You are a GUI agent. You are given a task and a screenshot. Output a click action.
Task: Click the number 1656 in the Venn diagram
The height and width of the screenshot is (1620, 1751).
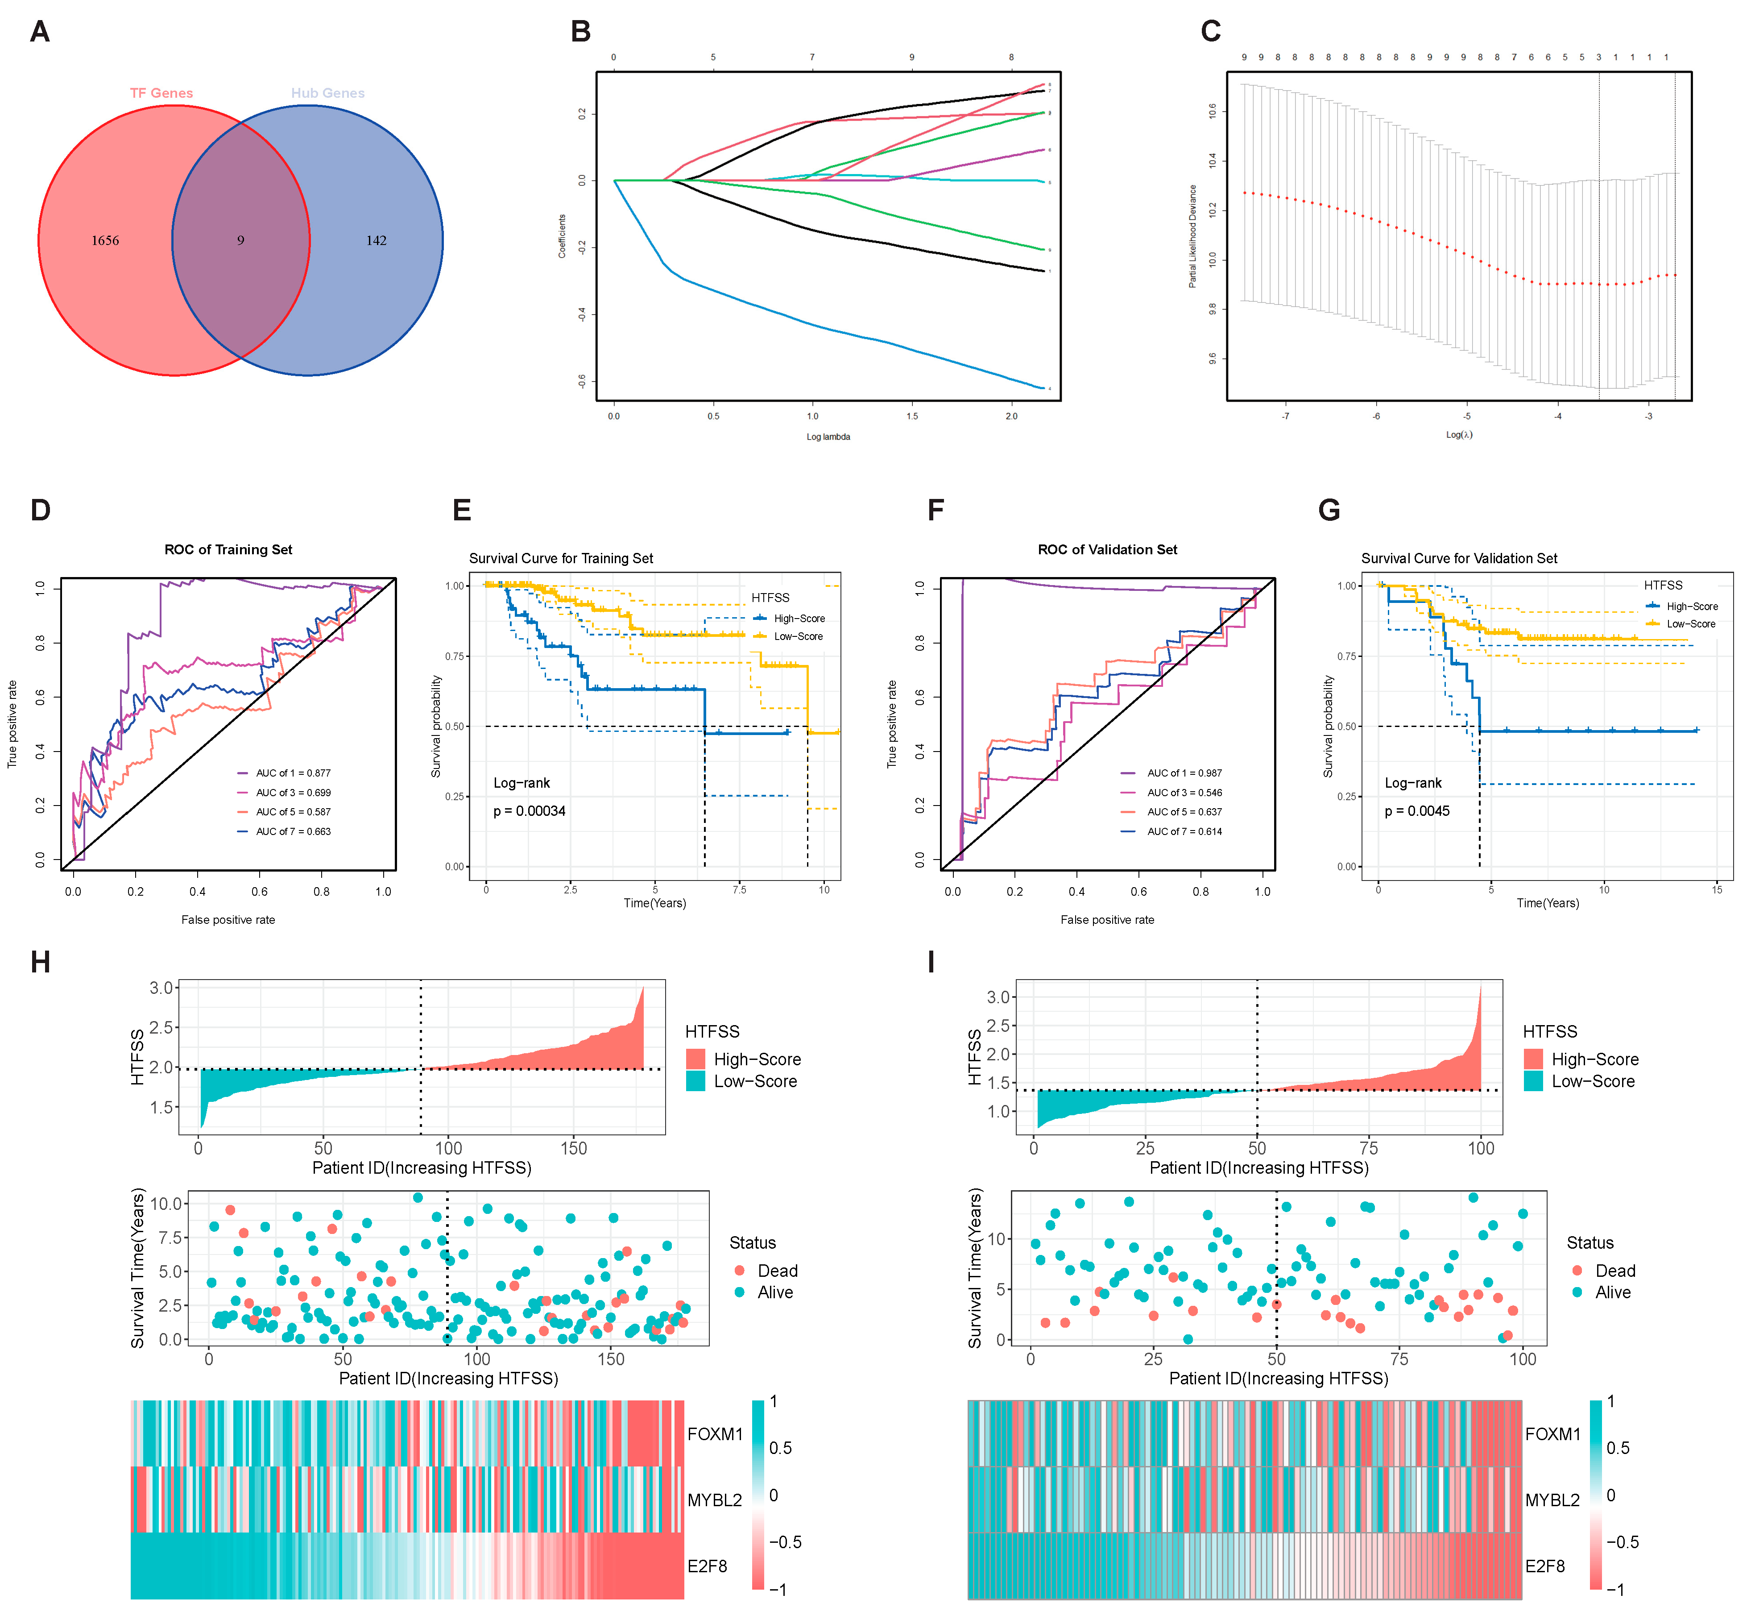pos(105,240)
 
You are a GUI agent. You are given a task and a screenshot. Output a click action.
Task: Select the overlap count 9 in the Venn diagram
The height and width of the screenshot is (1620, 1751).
pos(240,240)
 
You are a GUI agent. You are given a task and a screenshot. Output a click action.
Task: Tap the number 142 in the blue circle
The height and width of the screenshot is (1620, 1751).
pos(376,240)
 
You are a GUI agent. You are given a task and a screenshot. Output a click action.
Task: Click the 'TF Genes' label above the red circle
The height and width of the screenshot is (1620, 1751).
pos(161,93)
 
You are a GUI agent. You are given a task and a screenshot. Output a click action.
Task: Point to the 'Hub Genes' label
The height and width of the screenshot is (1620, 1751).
pos(328,93)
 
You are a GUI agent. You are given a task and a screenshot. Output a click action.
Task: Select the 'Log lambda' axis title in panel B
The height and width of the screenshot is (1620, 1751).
pos(828,436)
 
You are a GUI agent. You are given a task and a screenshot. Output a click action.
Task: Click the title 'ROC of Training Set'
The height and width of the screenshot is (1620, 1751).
pos(228,550)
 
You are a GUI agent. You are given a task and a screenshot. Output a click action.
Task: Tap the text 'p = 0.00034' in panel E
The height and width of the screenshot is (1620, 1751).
pos(530,811)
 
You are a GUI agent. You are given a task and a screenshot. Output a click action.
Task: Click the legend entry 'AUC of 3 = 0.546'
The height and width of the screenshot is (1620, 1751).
pos(1184,793)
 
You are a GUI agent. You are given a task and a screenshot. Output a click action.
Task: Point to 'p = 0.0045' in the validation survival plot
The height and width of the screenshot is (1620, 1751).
pos(1417,811)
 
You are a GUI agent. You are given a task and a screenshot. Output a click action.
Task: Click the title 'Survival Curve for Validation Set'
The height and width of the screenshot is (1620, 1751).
pos(1459,558)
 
